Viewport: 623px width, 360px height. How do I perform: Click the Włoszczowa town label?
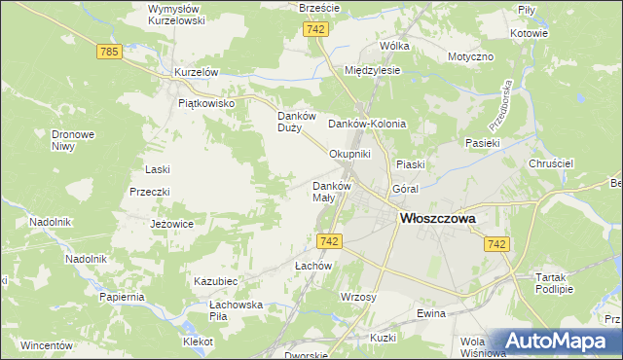click(438, 219)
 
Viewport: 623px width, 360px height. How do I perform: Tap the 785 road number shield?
click(109, 51)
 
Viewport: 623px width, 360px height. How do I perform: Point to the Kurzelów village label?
click(195, 73)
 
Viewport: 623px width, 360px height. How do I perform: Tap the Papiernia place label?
click(122, 296)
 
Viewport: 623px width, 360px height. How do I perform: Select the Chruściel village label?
click(550, 164)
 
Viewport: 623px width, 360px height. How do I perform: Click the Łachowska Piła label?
click(237, 310)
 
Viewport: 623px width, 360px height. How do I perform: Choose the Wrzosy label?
click(358, 295)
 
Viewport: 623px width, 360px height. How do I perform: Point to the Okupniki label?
click(350, 154)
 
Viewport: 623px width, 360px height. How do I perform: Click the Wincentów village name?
click(48, 345)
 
